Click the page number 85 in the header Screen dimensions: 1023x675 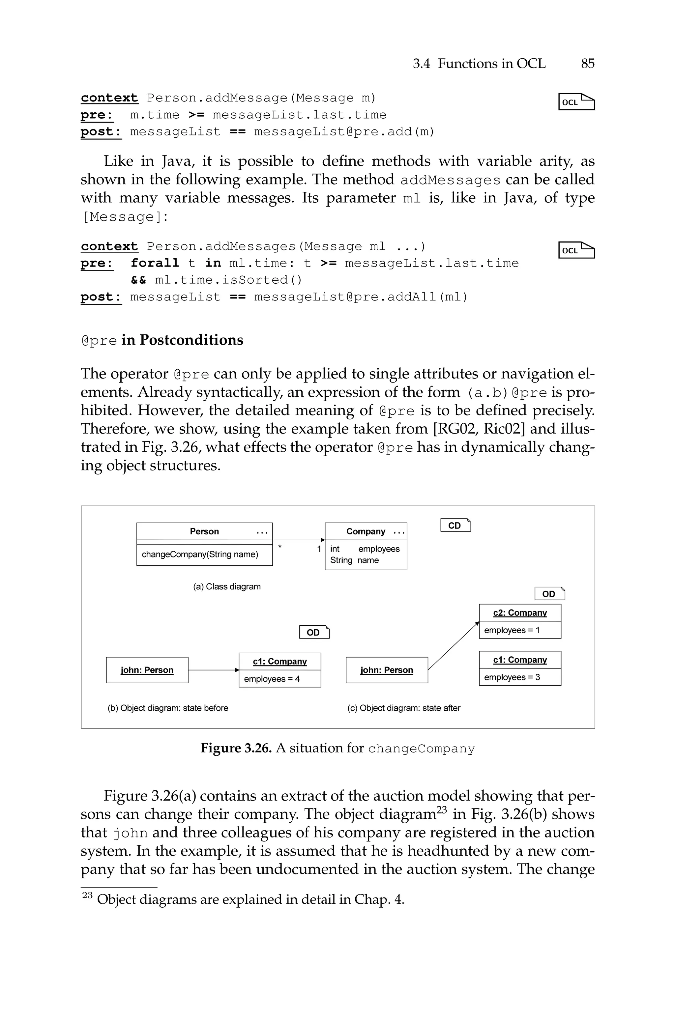tap(587, 64)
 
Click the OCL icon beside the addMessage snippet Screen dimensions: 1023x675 tap(576, 102)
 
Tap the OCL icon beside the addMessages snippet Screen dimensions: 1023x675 tap(576, 250)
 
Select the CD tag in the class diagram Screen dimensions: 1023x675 tap(455, 525)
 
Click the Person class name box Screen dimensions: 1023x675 tap(204, 531)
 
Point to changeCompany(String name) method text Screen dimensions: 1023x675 tap(200, 554)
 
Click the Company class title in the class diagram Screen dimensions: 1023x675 tap(366, 531)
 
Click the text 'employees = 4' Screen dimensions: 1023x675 tap(272, 679)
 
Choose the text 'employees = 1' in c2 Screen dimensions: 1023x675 tap(512, 630)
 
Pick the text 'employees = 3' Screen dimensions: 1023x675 tap(512, 677)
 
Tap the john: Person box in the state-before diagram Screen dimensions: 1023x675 tap(147, 670)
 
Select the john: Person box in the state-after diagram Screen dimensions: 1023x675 tap(387, 670)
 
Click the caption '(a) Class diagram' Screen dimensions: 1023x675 tap(227, 587)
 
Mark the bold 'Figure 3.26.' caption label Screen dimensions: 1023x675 tap(236, 748)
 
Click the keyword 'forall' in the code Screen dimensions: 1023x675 tap(155, 263)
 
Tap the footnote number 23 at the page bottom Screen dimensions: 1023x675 tap(87, 895)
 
